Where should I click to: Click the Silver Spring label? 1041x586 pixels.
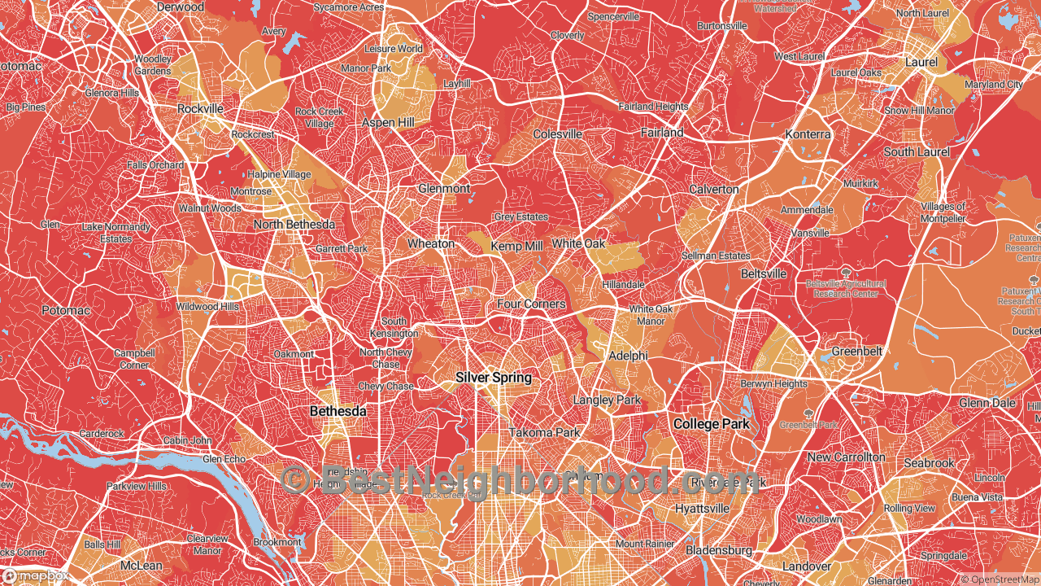point(494,378)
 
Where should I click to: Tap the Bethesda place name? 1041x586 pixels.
point(338,412)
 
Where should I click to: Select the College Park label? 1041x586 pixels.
point(711,424)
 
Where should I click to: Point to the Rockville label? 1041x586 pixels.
point(200,108)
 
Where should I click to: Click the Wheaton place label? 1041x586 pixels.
point(430,243)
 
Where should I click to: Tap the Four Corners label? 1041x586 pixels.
point(531,304)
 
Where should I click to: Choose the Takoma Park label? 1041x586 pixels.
point(545,432)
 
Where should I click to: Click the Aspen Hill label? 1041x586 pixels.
point(388,122)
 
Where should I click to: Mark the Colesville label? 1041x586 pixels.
point(557,133)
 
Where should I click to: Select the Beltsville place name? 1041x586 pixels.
point(764,273)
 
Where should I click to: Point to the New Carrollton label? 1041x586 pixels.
point(846,457)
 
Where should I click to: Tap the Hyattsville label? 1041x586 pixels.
point(702,508)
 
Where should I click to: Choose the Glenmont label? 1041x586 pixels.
point(444,188)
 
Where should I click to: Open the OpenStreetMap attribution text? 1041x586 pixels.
point(1000,579)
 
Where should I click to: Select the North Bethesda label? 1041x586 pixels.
point(294,225)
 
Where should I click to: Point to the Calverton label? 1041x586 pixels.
point(713,189)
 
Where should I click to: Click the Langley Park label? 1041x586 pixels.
point(607,400)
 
